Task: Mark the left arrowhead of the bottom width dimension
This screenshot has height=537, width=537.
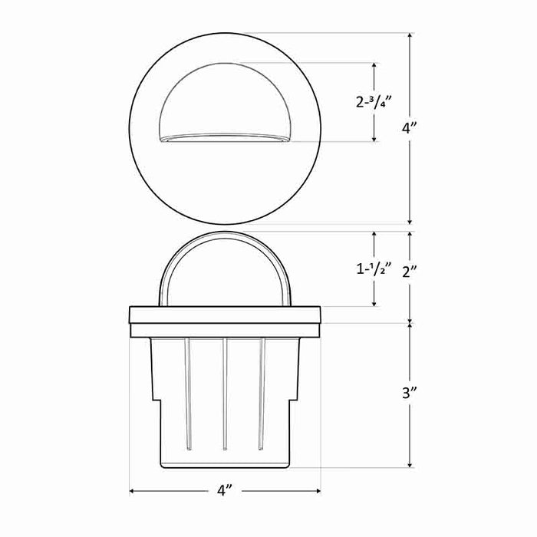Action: click(133, 490)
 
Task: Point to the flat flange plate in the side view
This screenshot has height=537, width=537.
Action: click(225, 315)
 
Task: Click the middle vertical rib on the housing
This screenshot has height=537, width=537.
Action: click(225, 391)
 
